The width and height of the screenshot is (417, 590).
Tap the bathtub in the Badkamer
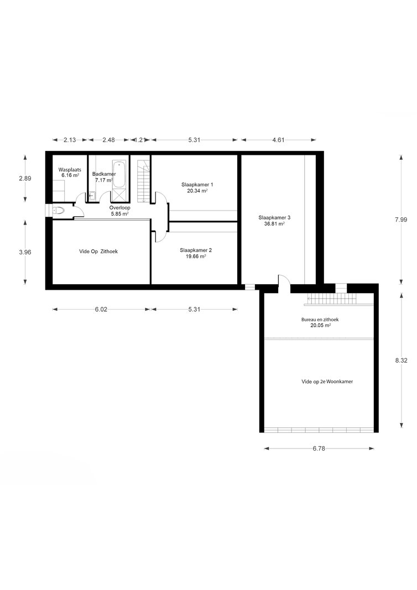pyautogui.click(x=120, y=174)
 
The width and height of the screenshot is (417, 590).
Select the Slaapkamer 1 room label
pyautogui.click(x=197, y=184)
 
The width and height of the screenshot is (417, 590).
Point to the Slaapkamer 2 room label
pyautogui.click(x=196, y=250)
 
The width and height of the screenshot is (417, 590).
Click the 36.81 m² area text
pyautogui.click(x=274, y=223)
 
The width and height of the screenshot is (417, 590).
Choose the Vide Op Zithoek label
pyautogui.click(x=98, y=252)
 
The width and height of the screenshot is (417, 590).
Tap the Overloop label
pyautogui.click(x=119, y=208)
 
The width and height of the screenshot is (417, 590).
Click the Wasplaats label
pyautogui.click(x=70, y=170)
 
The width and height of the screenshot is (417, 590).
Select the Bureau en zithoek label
pyautogui.click(x=320, y=320)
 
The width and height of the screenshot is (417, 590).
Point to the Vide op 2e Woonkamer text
pyautogui.click(x=327, y=381)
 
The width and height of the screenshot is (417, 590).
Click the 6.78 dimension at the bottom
pyautogui.click(x=319, y=448)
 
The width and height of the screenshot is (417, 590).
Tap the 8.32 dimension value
pyautogui.click(x=401, y=360)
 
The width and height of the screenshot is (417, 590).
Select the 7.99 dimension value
pyautogui.click(x=401, y=220)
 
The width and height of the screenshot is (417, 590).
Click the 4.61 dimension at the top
pyautogui.click(x=278, y=140)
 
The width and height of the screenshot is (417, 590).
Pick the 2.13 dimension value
pyautogui.click(x=70, y=140)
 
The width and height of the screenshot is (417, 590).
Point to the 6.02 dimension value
pyautogui.click(x=101, y=309)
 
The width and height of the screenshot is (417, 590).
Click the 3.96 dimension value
pyautogui.click(x=25, y=252)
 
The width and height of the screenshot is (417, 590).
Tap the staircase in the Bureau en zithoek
pyautogui.click(x=332, y=300)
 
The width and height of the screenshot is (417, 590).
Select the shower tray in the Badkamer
pyautogui.click(x=120, y=196)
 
